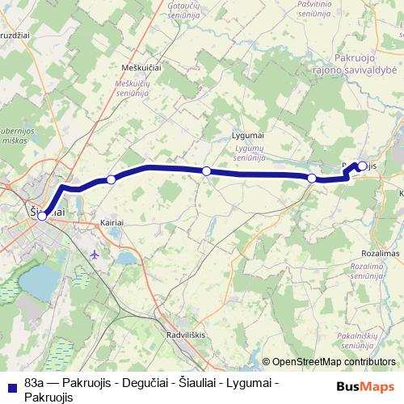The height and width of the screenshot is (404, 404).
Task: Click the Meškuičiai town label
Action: click(140, 68)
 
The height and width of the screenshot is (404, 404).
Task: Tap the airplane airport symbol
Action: click(97, 254)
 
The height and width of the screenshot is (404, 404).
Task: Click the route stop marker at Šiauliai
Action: click(42, 216)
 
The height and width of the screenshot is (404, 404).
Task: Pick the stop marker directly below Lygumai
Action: click(207, 170)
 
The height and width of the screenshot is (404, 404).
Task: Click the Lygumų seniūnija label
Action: click(249, 154)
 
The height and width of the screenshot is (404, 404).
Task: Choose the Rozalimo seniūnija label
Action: click(378, 271)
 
